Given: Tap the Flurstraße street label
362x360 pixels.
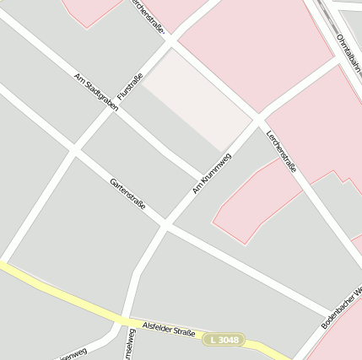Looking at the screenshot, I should tap(129, 87).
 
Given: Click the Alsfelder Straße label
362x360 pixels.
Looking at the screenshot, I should tap(169, 330).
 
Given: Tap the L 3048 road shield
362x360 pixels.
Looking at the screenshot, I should tap(224, 339).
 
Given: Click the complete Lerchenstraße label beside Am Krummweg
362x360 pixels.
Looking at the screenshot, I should tap(281, 152).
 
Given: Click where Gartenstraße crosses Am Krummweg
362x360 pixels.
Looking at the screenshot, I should tap(165, 226).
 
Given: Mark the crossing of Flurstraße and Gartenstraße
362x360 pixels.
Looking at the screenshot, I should tap(74, 150).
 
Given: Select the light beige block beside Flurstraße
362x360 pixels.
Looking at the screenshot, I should tap(197, 98).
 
